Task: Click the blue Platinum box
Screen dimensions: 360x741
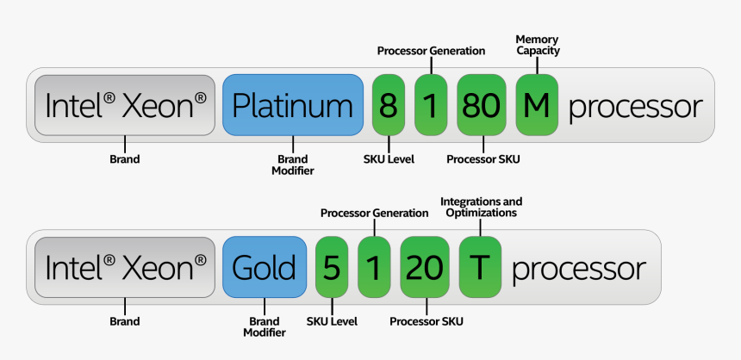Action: coord(293,105)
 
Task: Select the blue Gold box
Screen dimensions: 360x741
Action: coord(265,267)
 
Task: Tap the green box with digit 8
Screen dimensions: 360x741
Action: coord(389,105)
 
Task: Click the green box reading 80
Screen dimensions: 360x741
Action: coord(481,105)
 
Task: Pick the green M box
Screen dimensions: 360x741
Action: coord(537,105)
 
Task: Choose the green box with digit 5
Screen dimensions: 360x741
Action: coord(332,267)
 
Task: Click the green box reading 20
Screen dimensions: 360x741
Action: coord(424,267)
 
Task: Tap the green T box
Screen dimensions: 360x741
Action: coord(480,267)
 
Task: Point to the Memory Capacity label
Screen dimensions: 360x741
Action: coord(538,45)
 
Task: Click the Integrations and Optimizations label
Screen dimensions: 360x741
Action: coord(481,207)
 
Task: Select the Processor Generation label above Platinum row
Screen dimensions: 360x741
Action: coord(431,51)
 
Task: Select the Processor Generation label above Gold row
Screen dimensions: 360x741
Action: coord(374,213)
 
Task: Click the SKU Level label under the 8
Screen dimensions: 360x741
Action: coord(389,159)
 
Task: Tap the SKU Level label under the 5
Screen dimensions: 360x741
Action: coord(332,321)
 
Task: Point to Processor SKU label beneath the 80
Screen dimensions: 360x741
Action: coord(483,159)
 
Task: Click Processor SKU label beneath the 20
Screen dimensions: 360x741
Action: coord(427,321)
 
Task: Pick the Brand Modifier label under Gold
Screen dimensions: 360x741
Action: coord(265,326)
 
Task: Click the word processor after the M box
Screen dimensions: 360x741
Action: coord(636,107)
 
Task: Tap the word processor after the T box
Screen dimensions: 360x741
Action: coord(578,269)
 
